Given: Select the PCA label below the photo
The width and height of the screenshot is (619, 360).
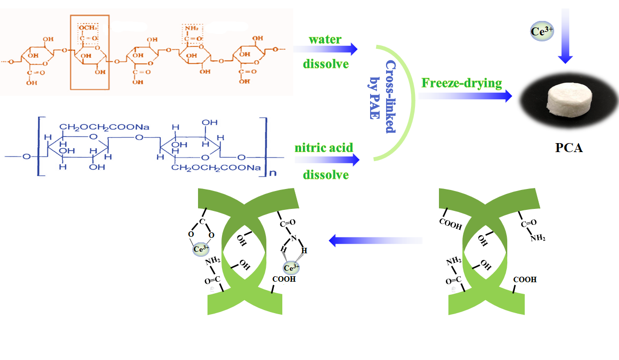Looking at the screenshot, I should (x=569, y=148).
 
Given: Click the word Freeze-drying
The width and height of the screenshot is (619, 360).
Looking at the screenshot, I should (x=462, y=82).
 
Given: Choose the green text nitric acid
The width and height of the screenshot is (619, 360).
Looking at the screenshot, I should (x=324, y=148).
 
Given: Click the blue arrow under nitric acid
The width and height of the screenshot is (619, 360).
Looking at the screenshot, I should (x=327, y=160).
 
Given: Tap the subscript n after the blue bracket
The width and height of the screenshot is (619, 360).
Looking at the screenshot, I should (x=272, y=174).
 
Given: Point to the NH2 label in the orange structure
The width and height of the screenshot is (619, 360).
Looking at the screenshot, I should (x=190, y=28).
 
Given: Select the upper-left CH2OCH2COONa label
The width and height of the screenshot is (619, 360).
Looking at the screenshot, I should (x=95, y=128).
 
